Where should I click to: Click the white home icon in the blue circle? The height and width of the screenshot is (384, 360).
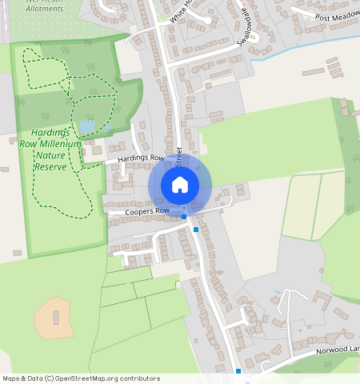[x=180, y=185]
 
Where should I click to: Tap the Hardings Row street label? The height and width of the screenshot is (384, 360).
[x=140, y=158]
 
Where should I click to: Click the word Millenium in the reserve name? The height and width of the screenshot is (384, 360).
[x=62, y=144]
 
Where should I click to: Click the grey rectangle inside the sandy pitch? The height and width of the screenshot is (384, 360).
[x=55, y=318]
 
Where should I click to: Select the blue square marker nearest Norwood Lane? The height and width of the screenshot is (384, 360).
[x=238, y=371]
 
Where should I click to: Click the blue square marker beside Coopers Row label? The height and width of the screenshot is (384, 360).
[x=184, y=216]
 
